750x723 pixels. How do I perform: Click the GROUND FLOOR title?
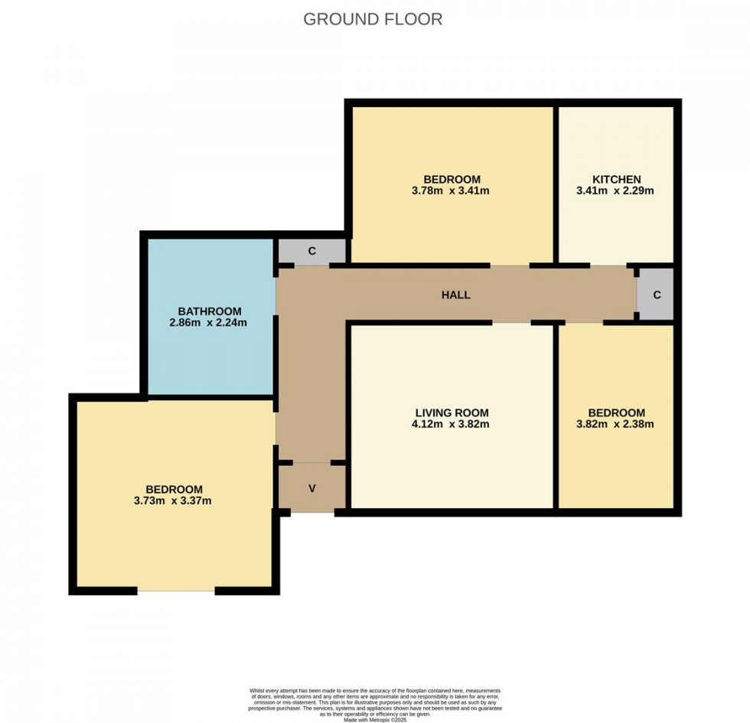click(x=373, y=19)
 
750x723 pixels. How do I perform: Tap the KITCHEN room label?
click(x=616, y=179)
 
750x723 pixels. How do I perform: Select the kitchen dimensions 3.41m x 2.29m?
click(x=615, y=191)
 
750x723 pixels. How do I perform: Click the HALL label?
click(x=455, y=295)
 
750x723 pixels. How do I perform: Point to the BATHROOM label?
click(x=209, y=311)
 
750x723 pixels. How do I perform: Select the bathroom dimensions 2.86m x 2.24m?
click(x=209, y=323)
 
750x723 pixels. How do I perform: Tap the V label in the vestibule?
click(x=312, y=488)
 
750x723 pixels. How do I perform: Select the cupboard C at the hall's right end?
click(x=657, y=295)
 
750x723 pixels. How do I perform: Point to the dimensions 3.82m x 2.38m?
click(x=615, y=424)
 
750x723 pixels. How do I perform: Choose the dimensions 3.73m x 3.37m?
click(x=174, y=501)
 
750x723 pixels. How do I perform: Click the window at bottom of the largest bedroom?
click(x=176, y=591)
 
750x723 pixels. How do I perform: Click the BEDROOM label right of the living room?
click(x=615, y=412)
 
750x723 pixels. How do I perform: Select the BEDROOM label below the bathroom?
click(x=174, y=490)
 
